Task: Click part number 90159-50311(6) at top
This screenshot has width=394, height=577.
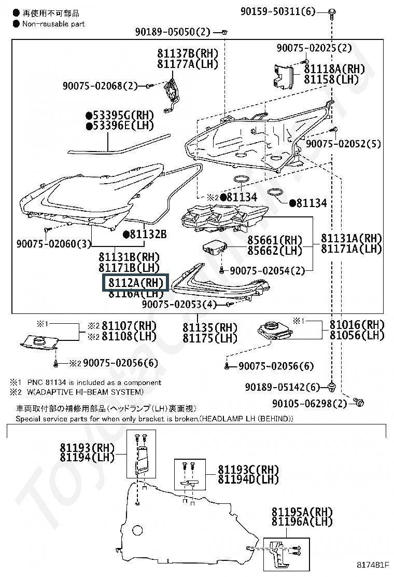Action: pyautogui.click(x=277, y=11)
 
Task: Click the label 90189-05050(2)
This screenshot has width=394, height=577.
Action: pyautogui.click(x=173, y=32)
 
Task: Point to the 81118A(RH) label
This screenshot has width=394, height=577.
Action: pyautogui.click(x=334, y=68)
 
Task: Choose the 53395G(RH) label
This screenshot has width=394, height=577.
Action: pyautogui.click(x=120, y=115)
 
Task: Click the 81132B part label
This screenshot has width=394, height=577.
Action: pyautogui.click(x=145, y=235)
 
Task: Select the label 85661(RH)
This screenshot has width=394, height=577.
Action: pyautogui.click(x=274, y=240)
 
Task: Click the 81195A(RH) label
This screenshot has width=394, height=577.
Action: pyautogui.click(x=302, y=512)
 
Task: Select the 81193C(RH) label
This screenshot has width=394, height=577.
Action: pyautogui.click(x=248, y=470)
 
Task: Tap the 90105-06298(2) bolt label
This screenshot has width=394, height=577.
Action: pyautogui.click(x=310, y=403)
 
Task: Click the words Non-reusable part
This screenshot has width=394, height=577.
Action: pyautogui.click(x=53, y=23)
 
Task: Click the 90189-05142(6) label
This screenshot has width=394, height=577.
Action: pyautogui.click(x=283, y=387)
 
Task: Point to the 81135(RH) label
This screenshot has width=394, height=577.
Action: pyautogui.click(x=210, y=328)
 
